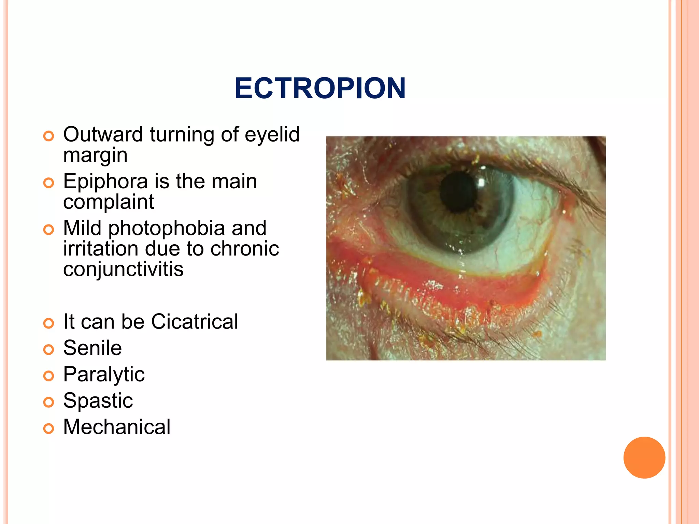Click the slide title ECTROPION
click(x=320, y=88)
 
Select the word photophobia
click(x=166, y=228)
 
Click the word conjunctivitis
click(x=123, y=269)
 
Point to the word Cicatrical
click(x=195, y=322)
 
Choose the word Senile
click(x=92, y=348)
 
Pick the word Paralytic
click(x=104, y=374)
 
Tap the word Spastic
click(x=98, y=401)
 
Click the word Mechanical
click(x=117, y=427)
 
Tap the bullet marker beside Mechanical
click(x=49, y=428)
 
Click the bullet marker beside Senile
click(x=49, y=350)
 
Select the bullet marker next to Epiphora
click(x=49, y=183)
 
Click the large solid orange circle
click(x=644, y=457)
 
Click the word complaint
click(x=109, y=202)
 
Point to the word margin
click(x=95, y=155)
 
